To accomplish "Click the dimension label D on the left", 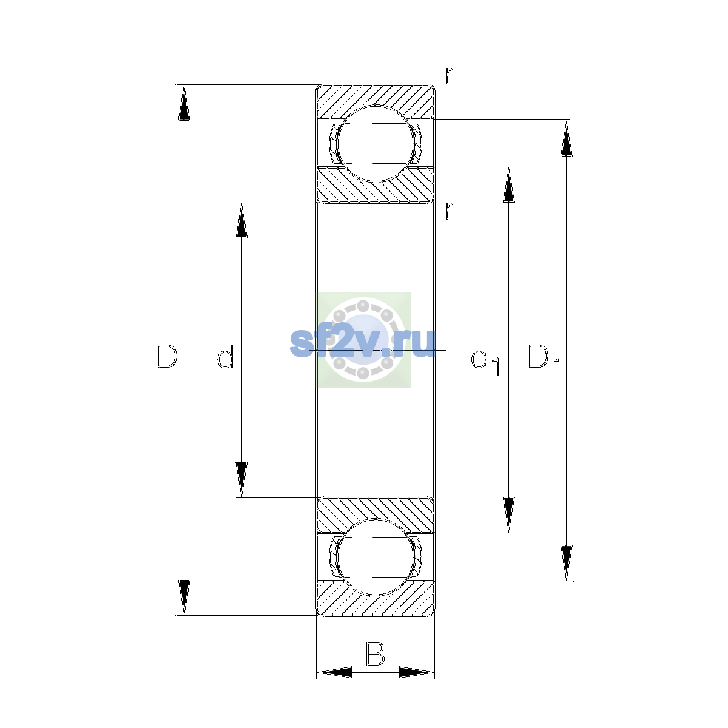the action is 167,356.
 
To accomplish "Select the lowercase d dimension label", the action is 226,356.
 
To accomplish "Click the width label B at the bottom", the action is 375,653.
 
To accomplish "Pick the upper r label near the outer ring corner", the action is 450,76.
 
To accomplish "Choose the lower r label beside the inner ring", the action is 450,211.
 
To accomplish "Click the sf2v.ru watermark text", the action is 363,342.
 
